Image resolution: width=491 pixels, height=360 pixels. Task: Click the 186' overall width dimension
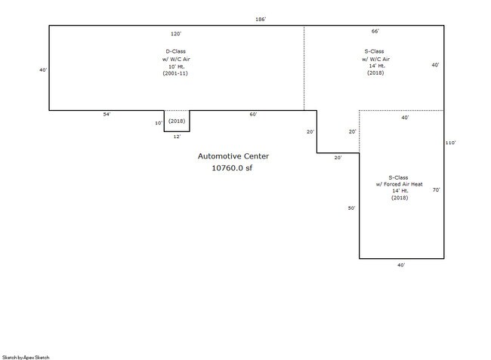261,20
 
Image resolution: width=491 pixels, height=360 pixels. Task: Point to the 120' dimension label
176,34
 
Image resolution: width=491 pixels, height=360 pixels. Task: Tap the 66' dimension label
375,31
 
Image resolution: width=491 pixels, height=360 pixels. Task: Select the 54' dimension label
107,115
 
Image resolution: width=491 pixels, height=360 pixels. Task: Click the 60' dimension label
253,115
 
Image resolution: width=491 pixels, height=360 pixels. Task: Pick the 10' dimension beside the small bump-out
159,123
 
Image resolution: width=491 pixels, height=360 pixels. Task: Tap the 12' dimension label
178,137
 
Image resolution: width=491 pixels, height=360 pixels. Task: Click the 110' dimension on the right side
451,143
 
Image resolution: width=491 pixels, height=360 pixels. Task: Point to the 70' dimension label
436,190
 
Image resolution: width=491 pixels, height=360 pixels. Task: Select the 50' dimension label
352,208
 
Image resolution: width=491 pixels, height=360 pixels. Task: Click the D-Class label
176,51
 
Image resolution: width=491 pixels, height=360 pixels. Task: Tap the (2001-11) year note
175,73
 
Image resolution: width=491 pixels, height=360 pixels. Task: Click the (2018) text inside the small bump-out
177,121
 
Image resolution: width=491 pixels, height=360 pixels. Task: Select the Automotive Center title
233,156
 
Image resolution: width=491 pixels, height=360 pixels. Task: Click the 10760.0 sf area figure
232,168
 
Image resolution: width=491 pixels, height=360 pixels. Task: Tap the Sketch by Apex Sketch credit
26,357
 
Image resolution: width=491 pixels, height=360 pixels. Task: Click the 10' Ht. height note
177,66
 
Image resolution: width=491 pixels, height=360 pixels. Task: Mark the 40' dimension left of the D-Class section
43,70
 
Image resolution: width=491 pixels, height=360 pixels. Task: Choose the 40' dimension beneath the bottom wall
401,265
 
